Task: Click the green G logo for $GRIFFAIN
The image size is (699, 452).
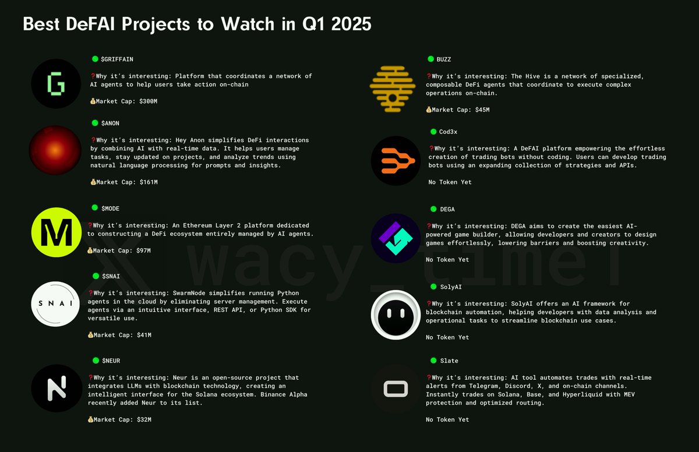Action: tap(56, 84)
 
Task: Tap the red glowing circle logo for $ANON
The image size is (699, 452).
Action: tap(55, 150)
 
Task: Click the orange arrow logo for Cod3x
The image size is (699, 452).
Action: tap(396, 161)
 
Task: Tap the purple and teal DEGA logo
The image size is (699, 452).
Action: tap(396, 238)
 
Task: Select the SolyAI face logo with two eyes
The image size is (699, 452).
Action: tap(396, 315)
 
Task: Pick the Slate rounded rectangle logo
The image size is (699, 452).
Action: tap(396, 389)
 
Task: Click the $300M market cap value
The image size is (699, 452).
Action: tap(149, 101)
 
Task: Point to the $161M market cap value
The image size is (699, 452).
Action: tap(149, 182)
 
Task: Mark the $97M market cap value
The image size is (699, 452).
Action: tap(143, 250)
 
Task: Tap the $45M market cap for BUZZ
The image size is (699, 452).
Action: tap(482, 110)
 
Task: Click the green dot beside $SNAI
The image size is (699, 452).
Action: tap(95, 276)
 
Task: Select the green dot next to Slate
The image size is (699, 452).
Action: tap(433, 361)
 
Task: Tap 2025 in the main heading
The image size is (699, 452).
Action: tap(349, 25)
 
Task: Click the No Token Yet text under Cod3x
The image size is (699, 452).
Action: tap(450, 182)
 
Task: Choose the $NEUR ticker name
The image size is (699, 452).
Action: tap(111, 361)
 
